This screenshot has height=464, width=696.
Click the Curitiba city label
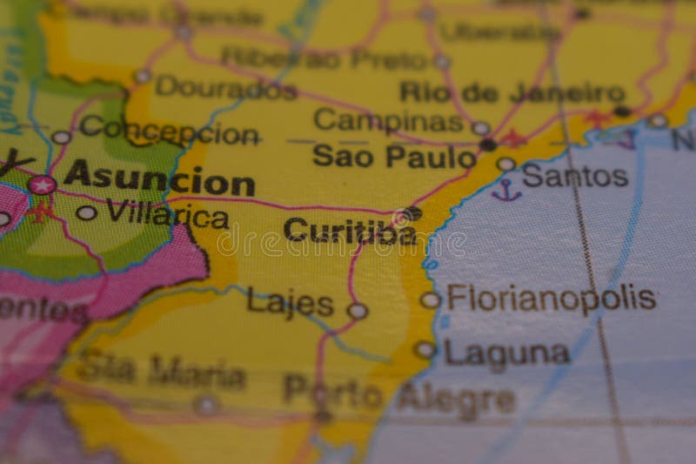(x=349, y=232)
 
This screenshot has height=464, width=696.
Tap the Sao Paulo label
(x=394, y=157)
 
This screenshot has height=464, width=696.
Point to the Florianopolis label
(x=551, y=299)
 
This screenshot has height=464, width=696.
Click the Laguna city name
(x=507, y=353)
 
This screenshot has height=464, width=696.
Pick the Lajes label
(x=290, y=303)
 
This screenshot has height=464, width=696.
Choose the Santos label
(x=575, y=177)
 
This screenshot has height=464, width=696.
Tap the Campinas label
(x=388, y=120)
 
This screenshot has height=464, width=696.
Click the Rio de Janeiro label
(x=512, y=92)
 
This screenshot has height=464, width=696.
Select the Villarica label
(x=167, y=214)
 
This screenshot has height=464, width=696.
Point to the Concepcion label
(x=169, y=131)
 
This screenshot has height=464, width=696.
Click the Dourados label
(x=226, y=88)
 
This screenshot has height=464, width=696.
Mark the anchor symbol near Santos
(x=505, y=191)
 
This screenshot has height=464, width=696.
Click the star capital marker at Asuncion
(x=41, y=185)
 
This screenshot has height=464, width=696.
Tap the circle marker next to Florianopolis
(x=430, y=299)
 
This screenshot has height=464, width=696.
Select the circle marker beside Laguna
(x=424, y=349)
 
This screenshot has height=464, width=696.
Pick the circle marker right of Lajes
(x=357, y=310)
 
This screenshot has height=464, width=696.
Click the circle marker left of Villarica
(x=86, y=212)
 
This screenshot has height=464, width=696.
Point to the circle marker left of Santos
(x=505, y=164)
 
